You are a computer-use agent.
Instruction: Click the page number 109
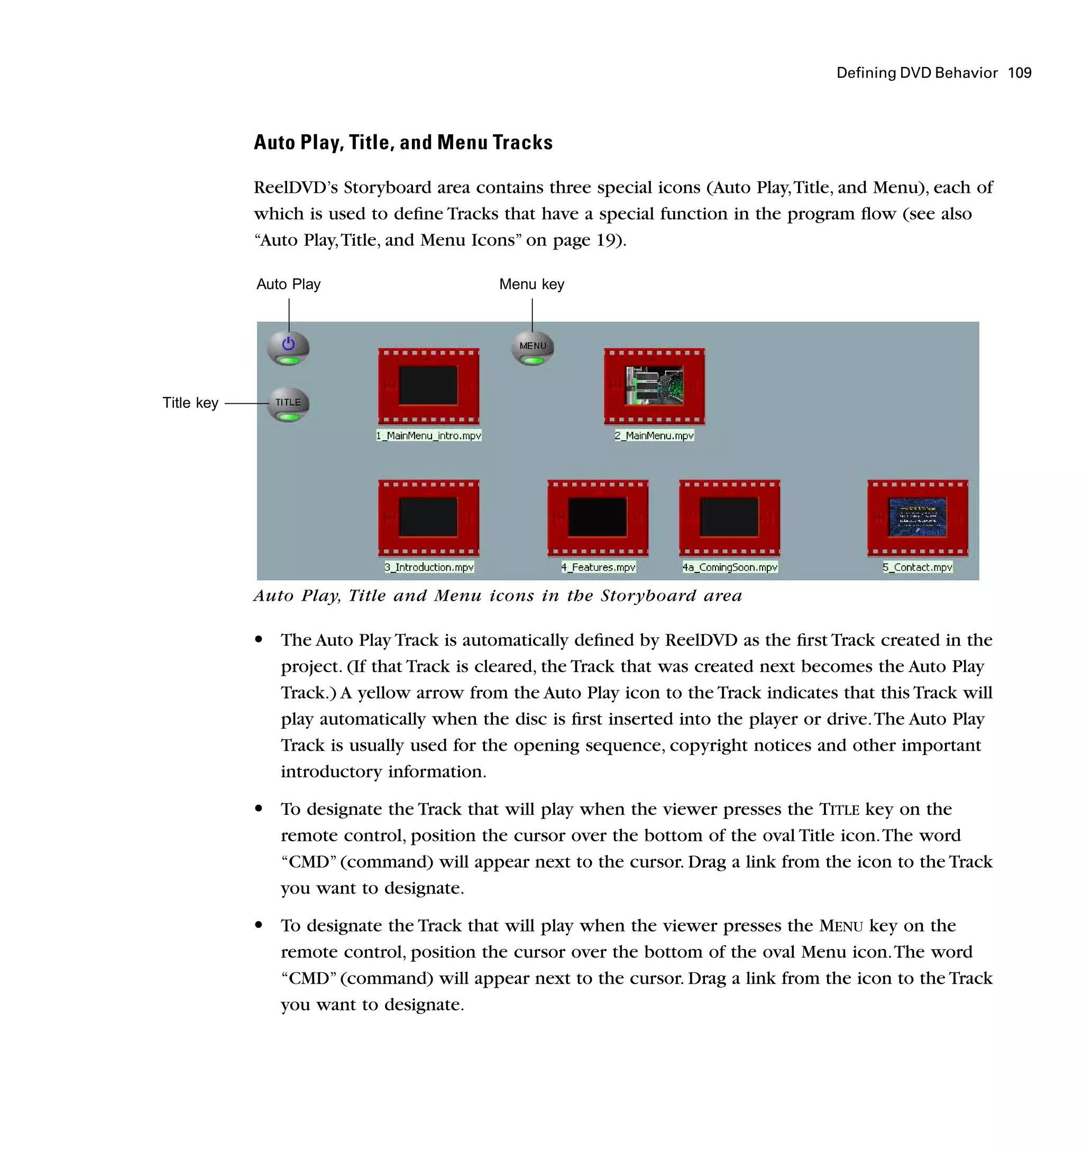pyautogui.click(x=1019, y=73)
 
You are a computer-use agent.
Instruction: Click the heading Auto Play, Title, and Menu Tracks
pyautogui.click(x=403, y=143)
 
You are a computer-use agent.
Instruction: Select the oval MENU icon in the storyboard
pyautogui.click(x=532, y=348)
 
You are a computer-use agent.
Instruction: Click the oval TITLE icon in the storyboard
pyautogui.click(x=288, y=404)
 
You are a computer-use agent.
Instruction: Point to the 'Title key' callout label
pyautogui.click(x=190, y=403)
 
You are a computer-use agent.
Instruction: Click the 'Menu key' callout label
pyautogui.click(x=531, y=284)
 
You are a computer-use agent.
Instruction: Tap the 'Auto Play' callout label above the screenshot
pyautogui.click(x=288, y=284)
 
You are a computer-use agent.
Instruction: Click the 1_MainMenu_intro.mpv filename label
pyautogui.click(x=428, y=436)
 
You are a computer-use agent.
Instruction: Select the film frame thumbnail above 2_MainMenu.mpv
pyautogui.click(x=654, y=386)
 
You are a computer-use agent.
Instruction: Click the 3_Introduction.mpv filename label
pyautogui.click(x=428, y=568)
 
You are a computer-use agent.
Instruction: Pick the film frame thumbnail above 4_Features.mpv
pyautogui.click(x=598, y=517)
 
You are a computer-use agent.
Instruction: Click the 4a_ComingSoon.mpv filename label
pyautogui.click(x=729, y=568)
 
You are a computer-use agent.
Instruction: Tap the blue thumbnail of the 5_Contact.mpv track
pyautogui.click(x=917, y=517)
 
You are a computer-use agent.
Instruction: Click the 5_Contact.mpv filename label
pyautogui.click(x=917, y=568)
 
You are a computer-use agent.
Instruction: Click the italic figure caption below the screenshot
pyautogui.click(x=498, y=596)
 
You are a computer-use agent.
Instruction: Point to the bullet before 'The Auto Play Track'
pyautogui.click(x=259, y=640)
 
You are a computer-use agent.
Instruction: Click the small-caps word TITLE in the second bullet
pyautogui.click(x=839, y=810)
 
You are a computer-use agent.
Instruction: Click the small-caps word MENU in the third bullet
pyautogui.click(x=841, y=926)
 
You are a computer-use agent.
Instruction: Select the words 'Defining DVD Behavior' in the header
pyautogui.click(x=916, y=73)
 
